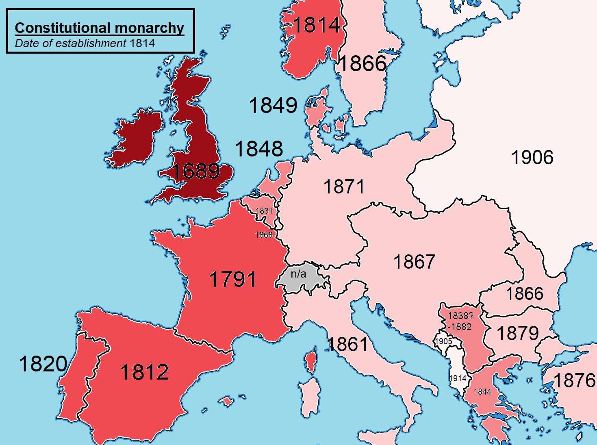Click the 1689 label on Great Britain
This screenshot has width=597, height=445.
click(196, 171)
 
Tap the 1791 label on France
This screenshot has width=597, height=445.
click(232, 280)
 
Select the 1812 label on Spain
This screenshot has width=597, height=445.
click(145, 372)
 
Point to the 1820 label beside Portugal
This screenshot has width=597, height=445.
click(43, 364)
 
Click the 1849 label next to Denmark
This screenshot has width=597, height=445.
click(273, 106)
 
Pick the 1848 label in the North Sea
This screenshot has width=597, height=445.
click(259, 149)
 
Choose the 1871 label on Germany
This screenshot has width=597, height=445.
click(344, 187)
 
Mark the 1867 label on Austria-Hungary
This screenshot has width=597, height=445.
click(414, 262)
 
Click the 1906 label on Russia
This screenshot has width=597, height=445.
click(532, 158)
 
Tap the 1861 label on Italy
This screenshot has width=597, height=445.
click(348, 345)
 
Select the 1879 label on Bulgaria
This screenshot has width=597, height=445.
click(518, 334)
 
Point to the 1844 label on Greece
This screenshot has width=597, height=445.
click(482, 392)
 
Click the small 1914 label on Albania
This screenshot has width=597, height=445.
click(458, 378)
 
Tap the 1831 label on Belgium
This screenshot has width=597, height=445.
click(264, 211)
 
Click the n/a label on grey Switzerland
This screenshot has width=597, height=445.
click(298, 274)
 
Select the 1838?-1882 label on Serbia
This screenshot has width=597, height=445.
click(460, 321)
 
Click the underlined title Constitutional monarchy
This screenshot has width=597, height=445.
click(100, 28)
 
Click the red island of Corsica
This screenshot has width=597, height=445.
click(310, 361)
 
